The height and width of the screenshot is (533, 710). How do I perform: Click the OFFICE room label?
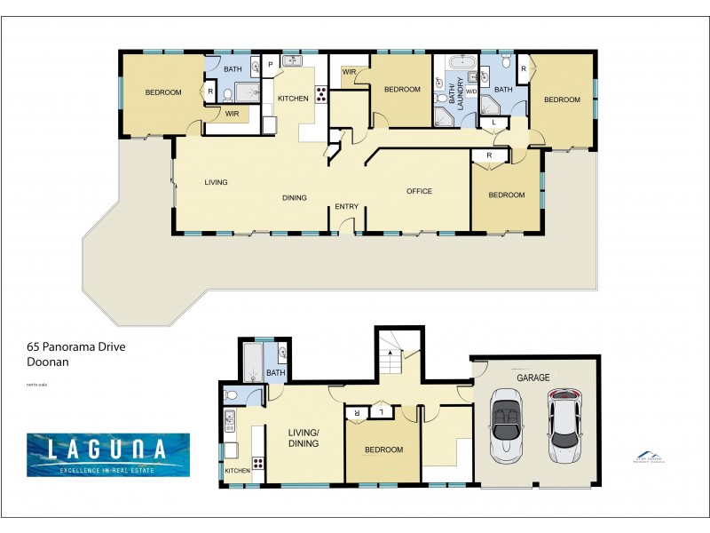(x=419, y=191)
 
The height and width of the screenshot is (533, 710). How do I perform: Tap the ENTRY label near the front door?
(x=346, y=207)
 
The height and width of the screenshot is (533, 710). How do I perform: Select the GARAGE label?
(x=533, y=378)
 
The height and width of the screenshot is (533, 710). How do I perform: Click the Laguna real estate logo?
(x=107, y=454)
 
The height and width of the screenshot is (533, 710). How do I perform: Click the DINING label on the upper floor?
(x=295, y=197)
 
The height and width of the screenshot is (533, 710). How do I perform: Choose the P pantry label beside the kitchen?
(x=269, y=65)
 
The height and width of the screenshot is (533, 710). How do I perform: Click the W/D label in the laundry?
(x=471, y=91)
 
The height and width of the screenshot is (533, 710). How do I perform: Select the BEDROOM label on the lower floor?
(x=384, y=449)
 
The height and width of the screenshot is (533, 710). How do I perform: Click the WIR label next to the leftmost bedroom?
(x=232, y=114)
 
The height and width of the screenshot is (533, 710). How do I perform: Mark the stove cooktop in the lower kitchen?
(x=258, y=462)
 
